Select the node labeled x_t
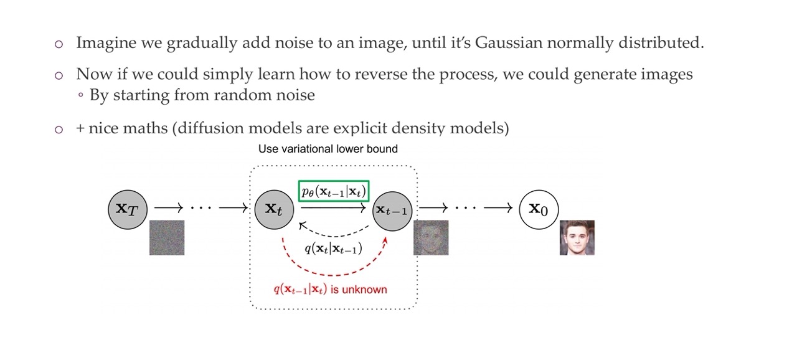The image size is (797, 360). point(273,209)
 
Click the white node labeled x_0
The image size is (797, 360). point(539,209)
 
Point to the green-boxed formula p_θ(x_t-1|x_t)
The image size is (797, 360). point(334,191)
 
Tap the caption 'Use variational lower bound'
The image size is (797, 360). point(328,149)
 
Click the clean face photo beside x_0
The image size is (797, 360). point(577,237)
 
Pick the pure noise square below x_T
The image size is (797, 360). point(167,237)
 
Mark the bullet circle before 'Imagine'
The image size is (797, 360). point(59,44)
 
